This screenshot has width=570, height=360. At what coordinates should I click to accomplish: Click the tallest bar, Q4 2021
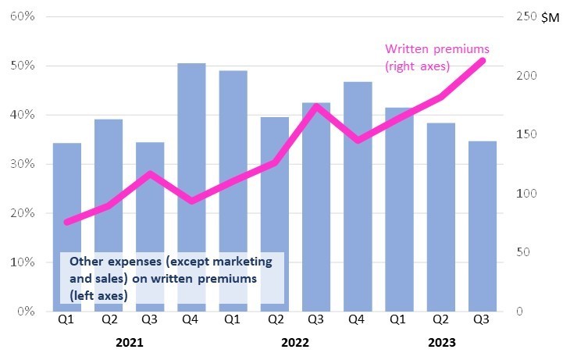pyautogui.click(x=191, y=187)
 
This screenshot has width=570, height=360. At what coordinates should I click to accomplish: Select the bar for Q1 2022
pyautogui.click(x=233, y=191)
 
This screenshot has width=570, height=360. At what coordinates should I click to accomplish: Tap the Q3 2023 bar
pyautogui.click(x=482, y=226)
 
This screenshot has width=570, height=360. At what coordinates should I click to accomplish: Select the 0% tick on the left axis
pyautogui.click(x=24, y=312)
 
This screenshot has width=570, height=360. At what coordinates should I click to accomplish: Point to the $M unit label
pyautogui.click(x=550, y=17)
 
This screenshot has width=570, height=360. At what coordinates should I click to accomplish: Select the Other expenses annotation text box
pyautogui.click(x=171, y=277)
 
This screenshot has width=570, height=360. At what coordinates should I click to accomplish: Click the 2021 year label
pyautogui.click(x=130, y=342)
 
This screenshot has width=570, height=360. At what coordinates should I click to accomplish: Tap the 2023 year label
pyautogui.click(x=440, y=342)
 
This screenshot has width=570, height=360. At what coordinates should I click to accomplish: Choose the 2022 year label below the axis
pyautogui.click(x=295, y=342)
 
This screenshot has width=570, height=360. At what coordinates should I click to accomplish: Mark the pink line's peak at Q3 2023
pyautogui.click(x=483, y=60)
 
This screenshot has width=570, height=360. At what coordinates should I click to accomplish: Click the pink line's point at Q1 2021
pyautogui.click(x=67, y=223)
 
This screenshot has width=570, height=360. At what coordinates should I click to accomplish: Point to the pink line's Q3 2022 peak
pyautogui.click(x=316, y=106)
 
